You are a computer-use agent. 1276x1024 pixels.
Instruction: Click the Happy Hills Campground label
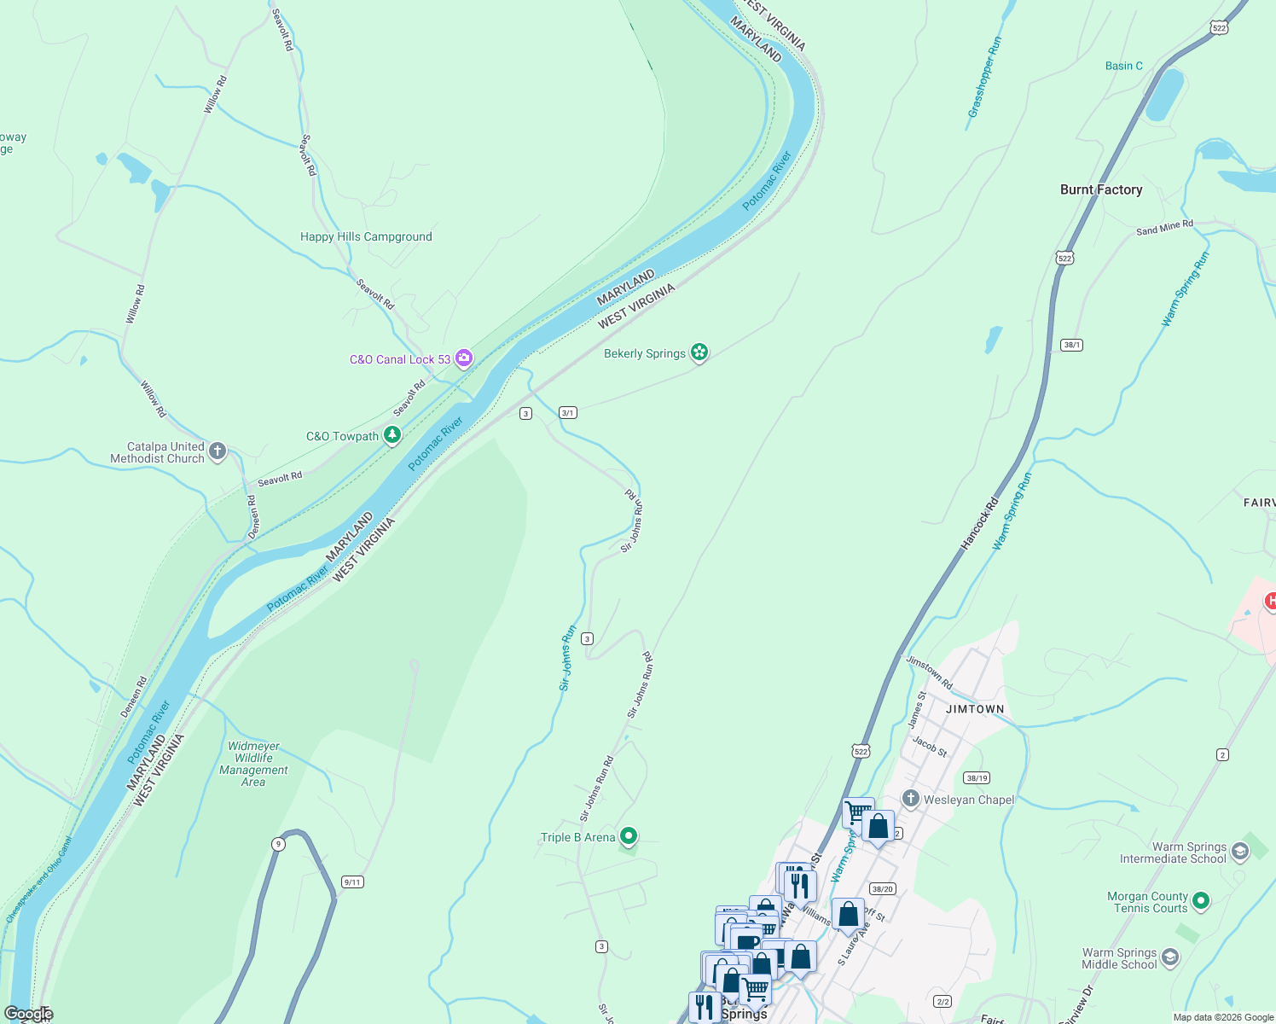click(366, 237)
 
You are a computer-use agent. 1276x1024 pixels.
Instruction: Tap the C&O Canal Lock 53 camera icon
click(464, 358)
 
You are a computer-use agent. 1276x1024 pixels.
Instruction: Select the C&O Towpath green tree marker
click(392, 435)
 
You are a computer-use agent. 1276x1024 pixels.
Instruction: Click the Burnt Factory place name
click(1100, 189)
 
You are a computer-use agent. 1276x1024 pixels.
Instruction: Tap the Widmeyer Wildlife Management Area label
click(253, 764)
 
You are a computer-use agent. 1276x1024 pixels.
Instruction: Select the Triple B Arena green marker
click(629, 836)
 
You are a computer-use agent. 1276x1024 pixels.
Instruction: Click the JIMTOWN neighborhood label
click(975, 709)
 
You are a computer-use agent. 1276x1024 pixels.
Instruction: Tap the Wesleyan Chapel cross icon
click(910, 799)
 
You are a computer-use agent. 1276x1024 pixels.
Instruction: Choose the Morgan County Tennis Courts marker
click(1201, 900)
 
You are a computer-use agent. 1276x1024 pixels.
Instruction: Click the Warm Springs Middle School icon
click(1170, 957)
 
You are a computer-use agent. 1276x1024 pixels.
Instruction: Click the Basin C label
click(1123, 66)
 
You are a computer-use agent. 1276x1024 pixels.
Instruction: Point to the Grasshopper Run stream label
click(984, 77)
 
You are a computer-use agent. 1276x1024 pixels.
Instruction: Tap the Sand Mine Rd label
click(1164, 228)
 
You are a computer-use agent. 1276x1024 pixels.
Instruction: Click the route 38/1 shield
click(1072, 345)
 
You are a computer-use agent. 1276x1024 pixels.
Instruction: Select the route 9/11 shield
click(352, 881)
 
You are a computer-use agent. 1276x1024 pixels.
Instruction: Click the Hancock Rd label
click(979, 523)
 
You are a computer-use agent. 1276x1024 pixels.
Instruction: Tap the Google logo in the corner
click(29, 1014)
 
